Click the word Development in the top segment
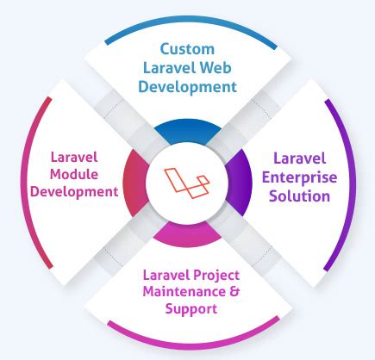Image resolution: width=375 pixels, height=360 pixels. point(190,87)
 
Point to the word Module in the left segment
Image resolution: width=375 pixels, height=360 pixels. point(72,175)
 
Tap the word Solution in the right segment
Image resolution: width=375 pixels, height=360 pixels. point(297,196)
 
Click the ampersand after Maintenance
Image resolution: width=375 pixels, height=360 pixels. point(232,292)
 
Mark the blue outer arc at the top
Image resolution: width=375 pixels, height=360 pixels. point(188,19)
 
